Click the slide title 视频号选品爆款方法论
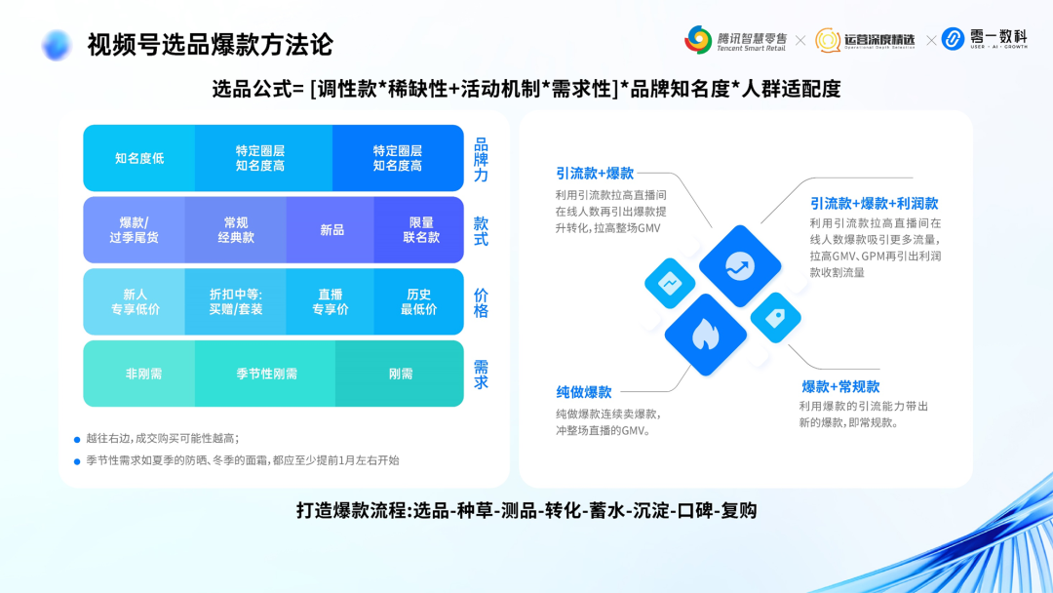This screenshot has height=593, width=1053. [x=210, y=44]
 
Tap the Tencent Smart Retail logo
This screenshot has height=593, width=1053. [x=736, y=40]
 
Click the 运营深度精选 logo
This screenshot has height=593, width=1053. [x=866, y=40]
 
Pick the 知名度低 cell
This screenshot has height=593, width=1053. [x=139, y=158]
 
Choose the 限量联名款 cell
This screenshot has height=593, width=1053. [x=421, y=230]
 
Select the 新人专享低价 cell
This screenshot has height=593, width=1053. [x=136, y=301]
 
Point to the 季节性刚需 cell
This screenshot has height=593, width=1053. [x=266, y=374]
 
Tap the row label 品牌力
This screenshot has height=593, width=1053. [x=481, y=159]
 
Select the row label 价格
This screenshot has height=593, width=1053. [x=481, y=302]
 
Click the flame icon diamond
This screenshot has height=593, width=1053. [x=705, y=335]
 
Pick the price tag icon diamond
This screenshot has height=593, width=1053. [x=776, y=317]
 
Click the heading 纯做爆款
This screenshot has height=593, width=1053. [x=584, y=392]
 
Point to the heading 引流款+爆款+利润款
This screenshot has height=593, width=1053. [x=874, y=204]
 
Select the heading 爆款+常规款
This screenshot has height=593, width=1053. [x=840, y=387]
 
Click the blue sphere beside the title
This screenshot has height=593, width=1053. [x=57, y=45]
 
